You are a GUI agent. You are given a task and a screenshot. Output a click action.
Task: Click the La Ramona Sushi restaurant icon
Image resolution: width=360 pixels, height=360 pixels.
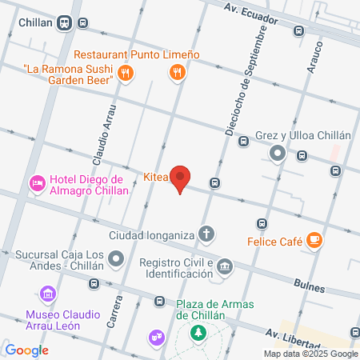tap(125, 74)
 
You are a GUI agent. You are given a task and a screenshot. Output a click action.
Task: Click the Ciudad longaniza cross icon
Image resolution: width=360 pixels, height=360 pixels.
tap(207, 235)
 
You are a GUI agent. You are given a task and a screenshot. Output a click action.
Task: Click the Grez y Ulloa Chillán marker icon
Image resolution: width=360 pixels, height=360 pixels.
tap(278, 154)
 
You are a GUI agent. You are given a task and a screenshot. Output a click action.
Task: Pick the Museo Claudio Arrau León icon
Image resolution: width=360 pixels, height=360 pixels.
tap(50, 294)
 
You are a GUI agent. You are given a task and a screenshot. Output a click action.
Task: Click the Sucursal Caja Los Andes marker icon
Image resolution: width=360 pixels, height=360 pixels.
tap(118, 258)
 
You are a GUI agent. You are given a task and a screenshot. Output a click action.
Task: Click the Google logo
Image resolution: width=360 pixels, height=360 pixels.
tap(26, 350)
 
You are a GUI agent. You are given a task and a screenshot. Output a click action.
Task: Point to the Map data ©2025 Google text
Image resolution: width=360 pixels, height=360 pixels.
tap(311, 354)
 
